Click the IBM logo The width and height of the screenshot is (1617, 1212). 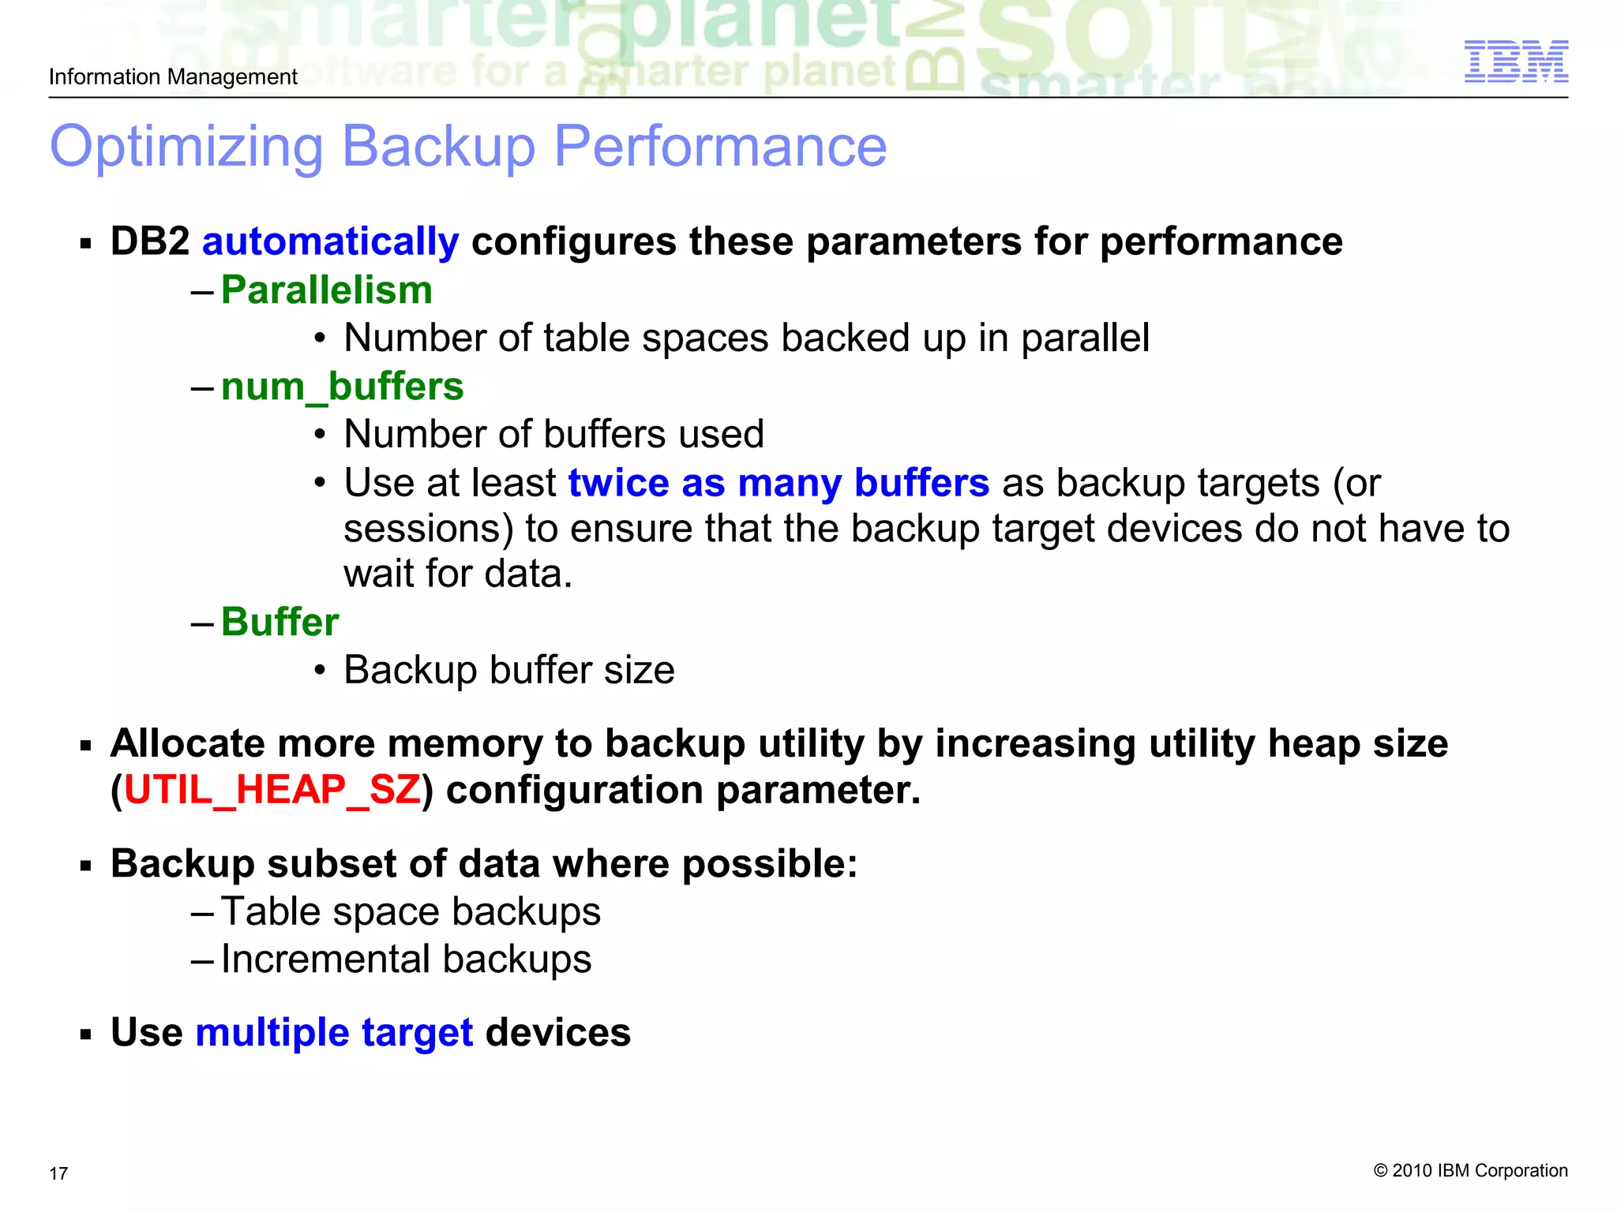[x=1516, y=62]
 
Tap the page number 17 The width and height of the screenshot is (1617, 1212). [x=58, y=1173]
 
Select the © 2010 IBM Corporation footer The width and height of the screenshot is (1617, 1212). [x=1470, y=1170]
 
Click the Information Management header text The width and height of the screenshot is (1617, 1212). [x=173, y=77]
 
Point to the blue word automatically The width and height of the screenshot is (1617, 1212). [x=330, y=241]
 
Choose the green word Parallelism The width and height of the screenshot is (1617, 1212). [x=327, y=290]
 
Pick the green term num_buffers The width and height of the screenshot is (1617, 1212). [x=342, y=387]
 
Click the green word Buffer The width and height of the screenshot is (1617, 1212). [x=280, y=622]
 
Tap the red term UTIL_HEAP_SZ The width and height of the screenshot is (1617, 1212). [x=272, y=790]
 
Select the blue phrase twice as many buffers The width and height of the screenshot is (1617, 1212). [x=778, y=483]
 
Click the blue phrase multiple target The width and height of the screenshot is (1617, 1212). [x=334, y=1032]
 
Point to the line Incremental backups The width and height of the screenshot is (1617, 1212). [x=406, y=959]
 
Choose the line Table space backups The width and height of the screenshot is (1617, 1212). [x=411, y=911]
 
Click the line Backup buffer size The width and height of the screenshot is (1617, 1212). [x=509, y=670]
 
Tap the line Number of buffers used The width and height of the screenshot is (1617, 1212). [x=553, y=434]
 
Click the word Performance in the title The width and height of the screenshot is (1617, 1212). [x=720, y=148]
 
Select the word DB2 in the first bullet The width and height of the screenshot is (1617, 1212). [x=150, y=241]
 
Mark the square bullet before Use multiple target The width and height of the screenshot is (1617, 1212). [x=86, y=1034]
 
